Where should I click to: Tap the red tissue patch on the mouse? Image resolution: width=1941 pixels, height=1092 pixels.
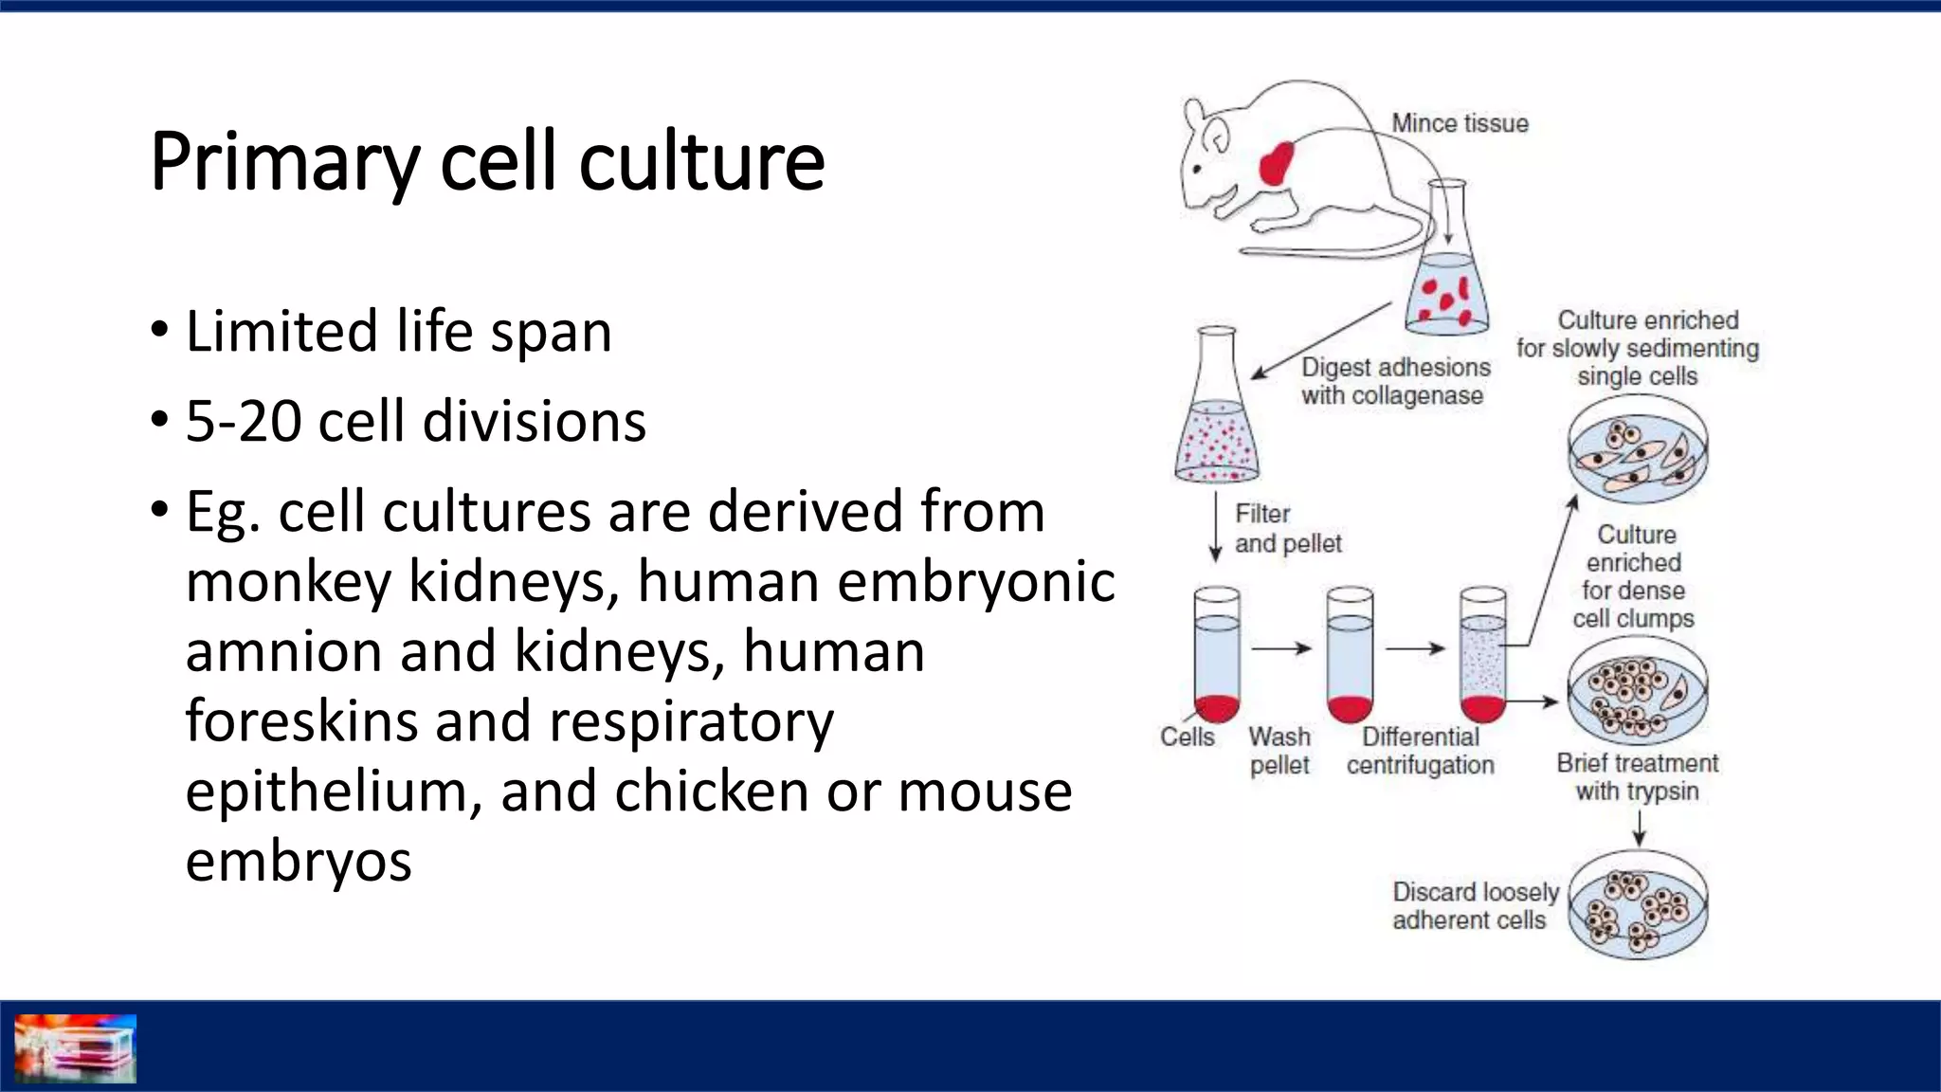(x=1277, y=164)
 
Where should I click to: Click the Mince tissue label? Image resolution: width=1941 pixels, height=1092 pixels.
(x=1460, y=123)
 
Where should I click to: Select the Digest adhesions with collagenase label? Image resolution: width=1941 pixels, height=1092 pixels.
(x=1394, y=381)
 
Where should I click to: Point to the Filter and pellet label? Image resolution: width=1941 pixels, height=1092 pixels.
(x=1287, y=528)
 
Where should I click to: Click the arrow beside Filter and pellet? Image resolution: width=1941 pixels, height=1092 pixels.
(x=1216, y=527)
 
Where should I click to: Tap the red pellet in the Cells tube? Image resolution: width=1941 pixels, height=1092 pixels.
(x=1217, y=707)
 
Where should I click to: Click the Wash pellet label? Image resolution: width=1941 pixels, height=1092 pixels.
(x=1279, y=750)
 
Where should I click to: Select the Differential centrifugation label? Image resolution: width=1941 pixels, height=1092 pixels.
(x=1420, y=750)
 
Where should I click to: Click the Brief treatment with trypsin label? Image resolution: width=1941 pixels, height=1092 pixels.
(x=1637, y=776)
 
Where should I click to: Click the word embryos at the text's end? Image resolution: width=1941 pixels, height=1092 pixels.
(x=299, y=861)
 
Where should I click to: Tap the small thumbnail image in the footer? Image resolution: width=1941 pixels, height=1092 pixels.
(x=76, y=1048)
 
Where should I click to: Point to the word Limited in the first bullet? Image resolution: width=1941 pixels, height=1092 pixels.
(x=281, y=332)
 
